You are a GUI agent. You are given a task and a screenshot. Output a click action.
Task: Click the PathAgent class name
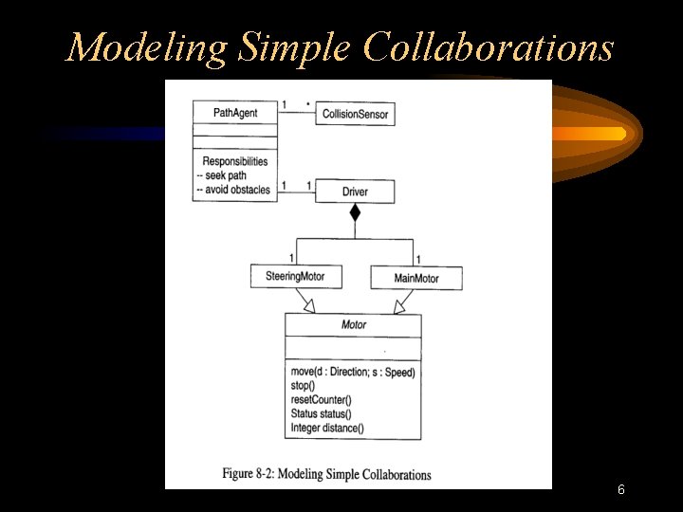click(234, 113)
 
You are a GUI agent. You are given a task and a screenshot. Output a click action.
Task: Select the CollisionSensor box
click(355, 115)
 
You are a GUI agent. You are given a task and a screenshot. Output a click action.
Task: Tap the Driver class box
click(355, 192)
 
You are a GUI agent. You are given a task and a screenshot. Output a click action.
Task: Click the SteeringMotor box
click(288, 277)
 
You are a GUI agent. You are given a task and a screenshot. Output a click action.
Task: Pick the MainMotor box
click(416, 278)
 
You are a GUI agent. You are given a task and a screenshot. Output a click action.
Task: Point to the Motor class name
click(353, 325)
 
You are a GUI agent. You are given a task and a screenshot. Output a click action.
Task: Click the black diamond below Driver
click(355, 212)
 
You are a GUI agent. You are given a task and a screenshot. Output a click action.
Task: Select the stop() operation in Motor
click(303, 386)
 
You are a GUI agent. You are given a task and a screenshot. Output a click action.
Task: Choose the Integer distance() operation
click(326, 429)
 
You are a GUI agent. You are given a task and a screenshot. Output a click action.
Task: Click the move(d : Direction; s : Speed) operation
click(353, 372)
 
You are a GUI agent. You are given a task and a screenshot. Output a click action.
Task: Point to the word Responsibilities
click(234, 161)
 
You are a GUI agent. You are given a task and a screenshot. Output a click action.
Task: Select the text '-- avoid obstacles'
click(232, 190)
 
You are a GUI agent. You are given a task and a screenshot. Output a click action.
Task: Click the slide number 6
click(620, 490)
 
